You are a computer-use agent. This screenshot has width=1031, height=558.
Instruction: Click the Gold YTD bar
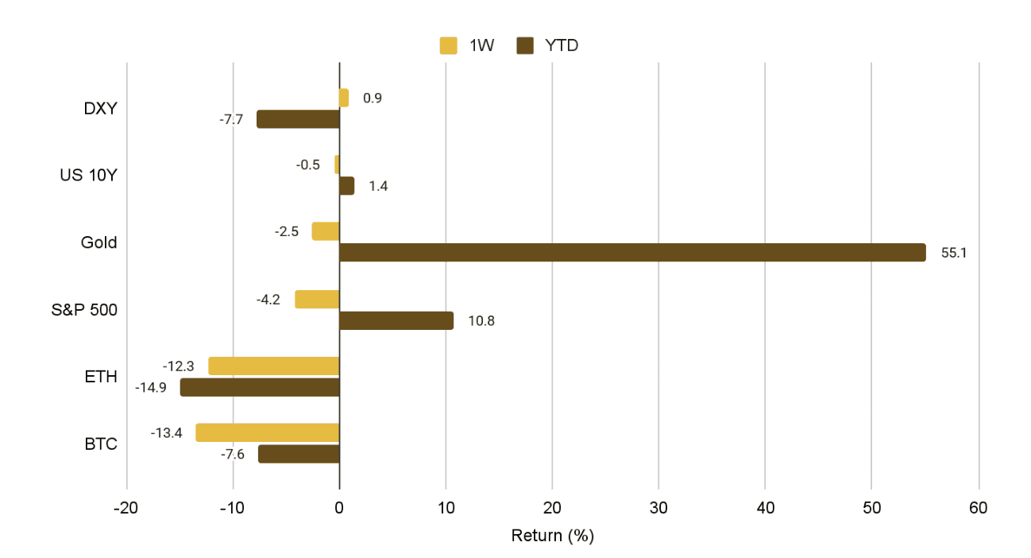tap(632, 253)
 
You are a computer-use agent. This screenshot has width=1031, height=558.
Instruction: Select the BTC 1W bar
tap(268, 433)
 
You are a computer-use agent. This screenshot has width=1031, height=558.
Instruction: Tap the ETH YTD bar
tap(260, 387)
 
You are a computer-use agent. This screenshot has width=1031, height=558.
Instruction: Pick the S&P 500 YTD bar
tap(396, 320)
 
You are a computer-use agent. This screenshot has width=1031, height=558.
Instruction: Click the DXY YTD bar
tap(298, 119)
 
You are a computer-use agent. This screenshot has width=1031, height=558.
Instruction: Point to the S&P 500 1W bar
tap(317, 300)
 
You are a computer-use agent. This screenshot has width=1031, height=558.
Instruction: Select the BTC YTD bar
tap(299, 454)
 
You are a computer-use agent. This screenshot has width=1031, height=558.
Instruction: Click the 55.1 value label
tap(953, 254)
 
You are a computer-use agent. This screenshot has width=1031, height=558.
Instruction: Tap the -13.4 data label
tap(167, 433)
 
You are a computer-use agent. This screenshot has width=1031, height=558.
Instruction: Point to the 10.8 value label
tap(481, 321)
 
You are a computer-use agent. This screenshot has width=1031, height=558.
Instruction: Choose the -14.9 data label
tap(151, 388)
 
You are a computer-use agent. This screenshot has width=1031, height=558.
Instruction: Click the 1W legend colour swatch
tap(449, 46)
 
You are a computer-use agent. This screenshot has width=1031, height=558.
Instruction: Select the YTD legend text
tap(562, 46)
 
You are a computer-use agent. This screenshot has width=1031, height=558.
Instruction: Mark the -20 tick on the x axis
tap(126, 509)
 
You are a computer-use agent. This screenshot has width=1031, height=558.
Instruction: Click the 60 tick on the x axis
tap(979, 509)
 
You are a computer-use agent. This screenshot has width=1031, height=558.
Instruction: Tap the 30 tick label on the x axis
tap(658, 509)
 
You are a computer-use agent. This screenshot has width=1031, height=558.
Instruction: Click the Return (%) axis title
tap(552, 536)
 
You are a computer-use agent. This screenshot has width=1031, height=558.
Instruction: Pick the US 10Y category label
tap(88, 175)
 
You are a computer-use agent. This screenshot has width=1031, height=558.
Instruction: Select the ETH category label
tap(101, 377)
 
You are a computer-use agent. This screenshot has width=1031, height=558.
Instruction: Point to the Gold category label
tap(99, 242)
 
